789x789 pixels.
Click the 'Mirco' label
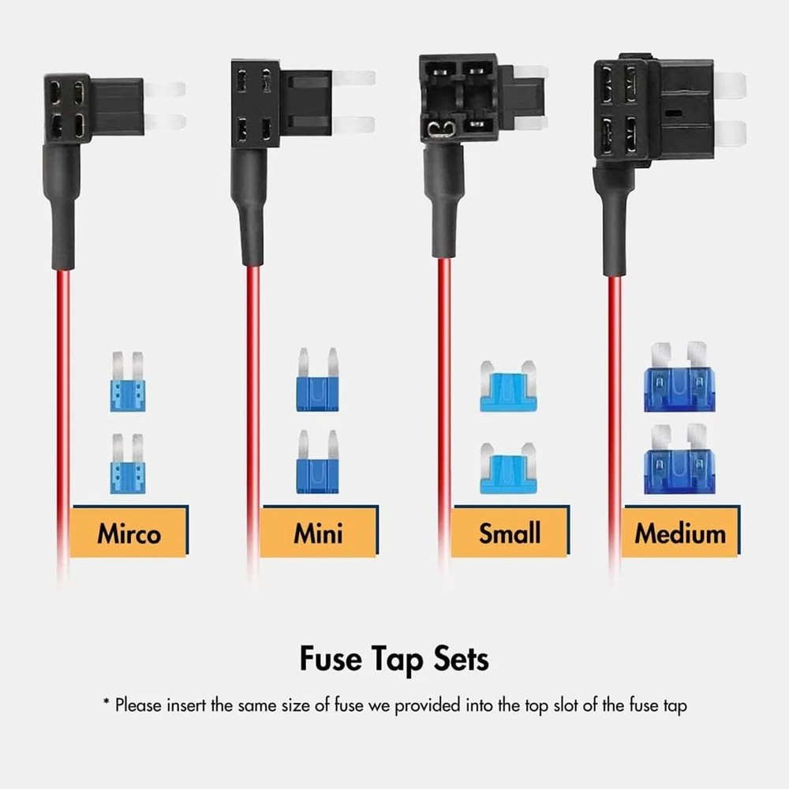tap(129, 533)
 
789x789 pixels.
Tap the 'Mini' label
tap(318, 533)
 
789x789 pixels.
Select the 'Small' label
tap(509, 533)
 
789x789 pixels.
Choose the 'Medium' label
tap(680, 533)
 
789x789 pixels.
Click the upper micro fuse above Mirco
tap(128, 383)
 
